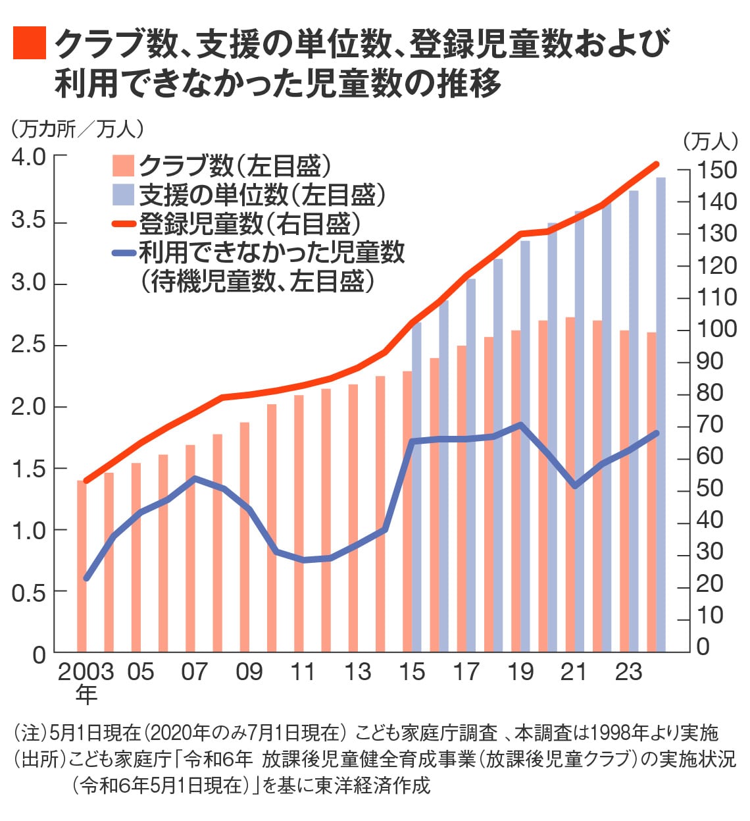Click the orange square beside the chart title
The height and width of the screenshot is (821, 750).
(x=30, y=43)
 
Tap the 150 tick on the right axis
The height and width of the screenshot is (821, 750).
(x=716, y=170)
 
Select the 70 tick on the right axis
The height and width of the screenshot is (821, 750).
(x=711, y=425)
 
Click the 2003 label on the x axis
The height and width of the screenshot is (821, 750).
(x=86, y=672)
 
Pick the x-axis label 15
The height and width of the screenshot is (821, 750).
(x=412, y=672)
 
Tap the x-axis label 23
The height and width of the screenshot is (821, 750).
(x=628, y=672)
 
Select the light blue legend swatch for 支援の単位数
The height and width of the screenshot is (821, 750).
(x=123, y=195)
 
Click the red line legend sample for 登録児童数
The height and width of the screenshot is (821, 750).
(x=123, y=225)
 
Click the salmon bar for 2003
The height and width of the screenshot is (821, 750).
(x=82, y=566)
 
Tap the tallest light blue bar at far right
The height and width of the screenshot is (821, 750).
(x=661, y=415)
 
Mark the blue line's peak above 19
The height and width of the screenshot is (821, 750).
(x=520, y=425)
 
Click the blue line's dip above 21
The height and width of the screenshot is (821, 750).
(x=575, y=486)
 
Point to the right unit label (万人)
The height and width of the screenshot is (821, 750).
(x=710, y=141)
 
